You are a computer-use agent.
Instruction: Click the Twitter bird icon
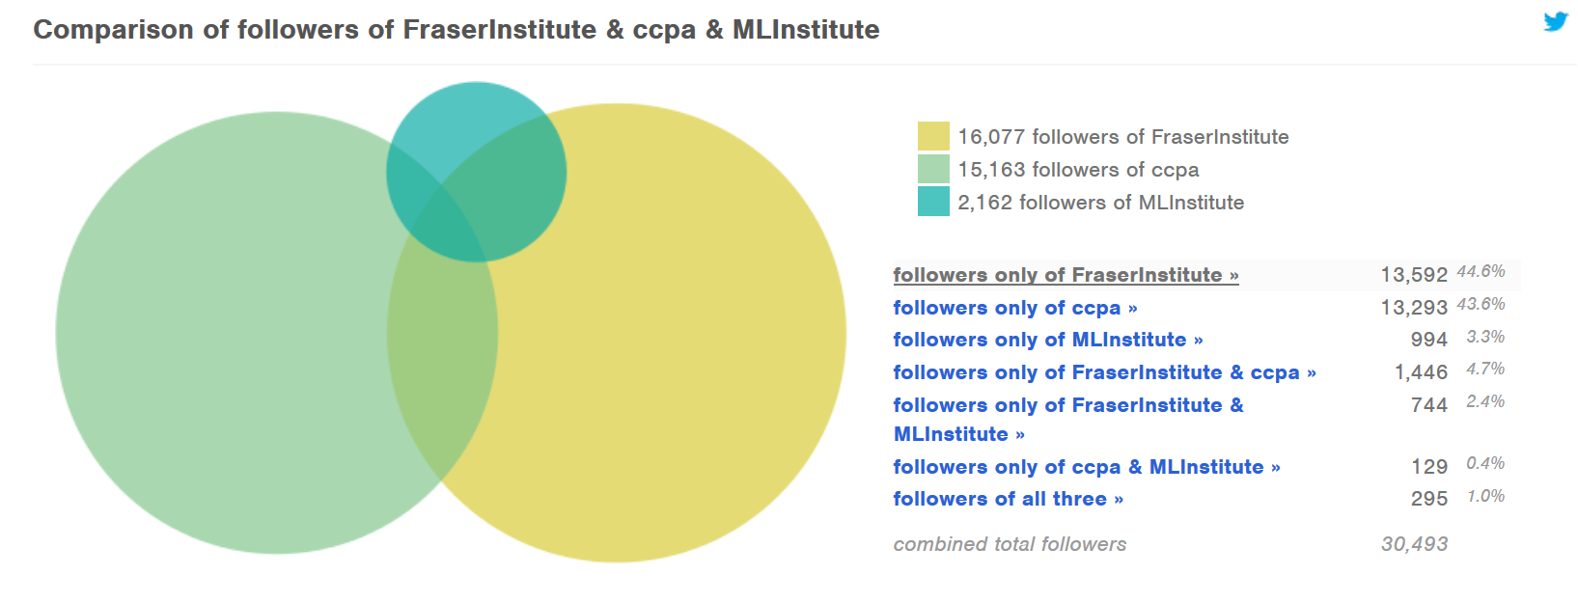pos(1555,21)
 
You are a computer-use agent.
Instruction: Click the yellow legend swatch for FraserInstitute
pos(933,137)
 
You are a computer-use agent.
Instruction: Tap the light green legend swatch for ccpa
pos(933,170)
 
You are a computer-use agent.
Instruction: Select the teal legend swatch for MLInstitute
pos(933,202)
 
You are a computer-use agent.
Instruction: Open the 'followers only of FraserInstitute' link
pos(1066,275)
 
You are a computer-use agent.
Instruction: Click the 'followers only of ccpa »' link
pos(1014,308)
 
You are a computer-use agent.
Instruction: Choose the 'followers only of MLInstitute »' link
pos(1047,340)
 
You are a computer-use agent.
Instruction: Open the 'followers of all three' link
pos(1008,499)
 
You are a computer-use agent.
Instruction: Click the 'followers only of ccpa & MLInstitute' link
pos(1086,467)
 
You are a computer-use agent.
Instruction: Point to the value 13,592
pos(1413,275)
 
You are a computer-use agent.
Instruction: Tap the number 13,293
pos(1413,308)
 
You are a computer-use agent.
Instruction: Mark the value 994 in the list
pos(1428,340)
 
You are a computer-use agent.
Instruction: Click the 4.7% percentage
pos(1485,369)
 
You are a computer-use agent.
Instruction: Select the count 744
pos(1428,405)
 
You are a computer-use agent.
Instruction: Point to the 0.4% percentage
pos(1485,463)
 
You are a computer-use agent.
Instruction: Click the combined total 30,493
pos(1414,544)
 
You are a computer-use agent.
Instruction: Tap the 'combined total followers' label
pos(1010,544)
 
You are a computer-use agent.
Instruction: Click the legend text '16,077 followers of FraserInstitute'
pos(1122,137)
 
